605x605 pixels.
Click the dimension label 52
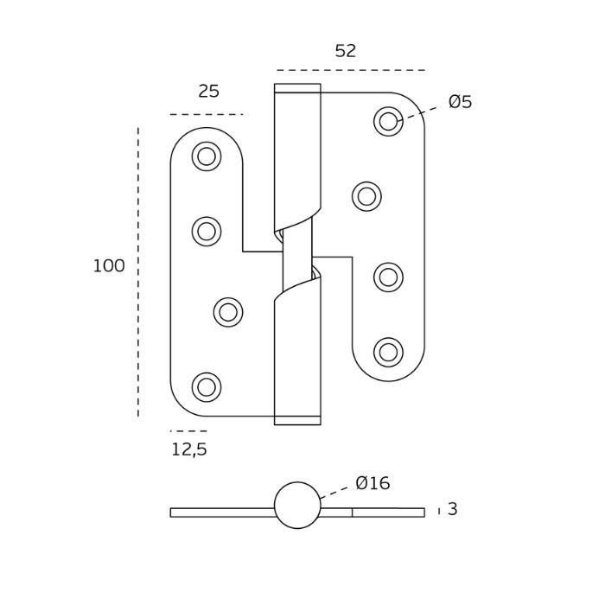[345, 51]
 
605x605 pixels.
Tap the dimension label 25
[208, 92]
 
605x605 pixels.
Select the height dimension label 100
[109, 266]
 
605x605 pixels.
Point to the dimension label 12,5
[188, 449]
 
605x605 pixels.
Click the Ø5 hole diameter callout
[460, 102]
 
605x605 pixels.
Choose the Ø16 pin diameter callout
[373, 483]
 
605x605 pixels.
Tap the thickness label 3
[452, 510]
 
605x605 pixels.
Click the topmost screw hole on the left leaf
[207, 156]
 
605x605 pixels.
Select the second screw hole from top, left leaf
[207, 232]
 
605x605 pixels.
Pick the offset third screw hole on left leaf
[228, 312]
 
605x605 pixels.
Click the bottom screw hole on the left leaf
[207, 387]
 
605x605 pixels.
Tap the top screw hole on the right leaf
[388, 122]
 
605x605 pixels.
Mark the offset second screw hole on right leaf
[366, 197]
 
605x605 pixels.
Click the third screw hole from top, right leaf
[388, 277]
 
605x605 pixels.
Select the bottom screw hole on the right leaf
[388, 353]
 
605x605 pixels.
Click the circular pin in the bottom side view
[297, 506]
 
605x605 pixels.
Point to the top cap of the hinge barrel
[297, 88]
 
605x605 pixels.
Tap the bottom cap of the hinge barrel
[297, 421]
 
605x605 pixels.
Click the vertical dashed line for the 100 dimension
[138, 272]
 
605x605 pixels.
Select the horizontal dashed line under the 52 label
[350, 70]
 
